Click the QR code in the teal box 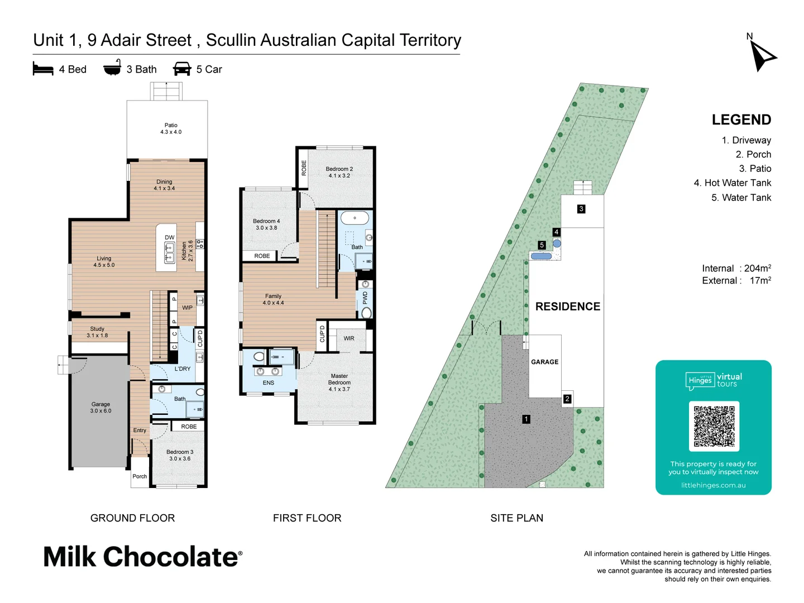coord(714,426)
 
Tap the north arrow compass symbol coord(762,56)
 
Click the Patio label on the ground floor coord(171,128)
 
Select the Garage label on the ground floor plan coord(100,407)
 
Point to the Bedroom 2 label coord(339,172)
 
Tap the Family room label coord(273,299)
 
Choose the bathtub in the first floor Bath coord(355,218)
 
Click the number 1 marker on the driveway coord(526,419)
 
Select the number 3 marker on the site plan coord(581,209)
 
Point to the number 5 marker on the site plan coord(542,245)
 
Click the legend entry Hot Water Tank coord(732,183)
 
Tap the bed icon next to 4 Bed coord(43,69)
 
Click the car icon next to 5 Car coord(182,69)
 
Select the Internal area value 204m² coord(757,268)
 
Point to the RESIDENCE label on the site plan coord(567,307)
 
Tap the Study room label coord(97,332)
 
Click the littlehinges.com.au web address coord(713,485)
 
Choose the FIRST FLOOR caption coord(307,518)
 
